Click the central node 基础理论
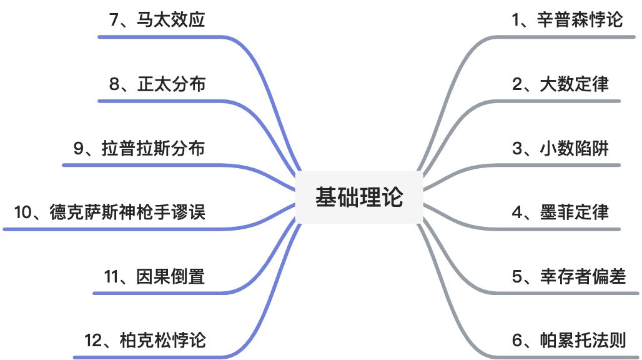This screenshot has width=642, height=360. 358,197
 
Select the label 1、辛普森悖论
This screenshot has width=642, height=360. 567,20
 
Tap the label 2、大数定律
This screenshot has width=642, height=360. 560,84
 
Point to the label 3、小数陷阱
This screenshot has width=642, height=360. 560,148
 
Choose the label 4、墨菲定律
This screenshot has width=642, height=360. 560,212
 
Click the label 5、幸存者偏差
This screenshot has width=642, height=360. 568,276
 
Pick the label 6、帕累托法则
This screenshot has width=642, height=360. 568,340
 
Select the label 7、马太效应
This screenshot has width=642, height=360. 157,20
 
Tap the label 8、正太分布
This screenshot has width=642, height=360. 157,84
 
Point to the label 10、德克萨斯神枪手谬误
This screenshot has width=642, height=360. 109,212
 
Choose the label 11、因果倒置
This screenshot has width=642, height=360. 154,276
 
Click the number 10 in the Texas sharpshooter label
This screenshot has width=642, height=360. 22,212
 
